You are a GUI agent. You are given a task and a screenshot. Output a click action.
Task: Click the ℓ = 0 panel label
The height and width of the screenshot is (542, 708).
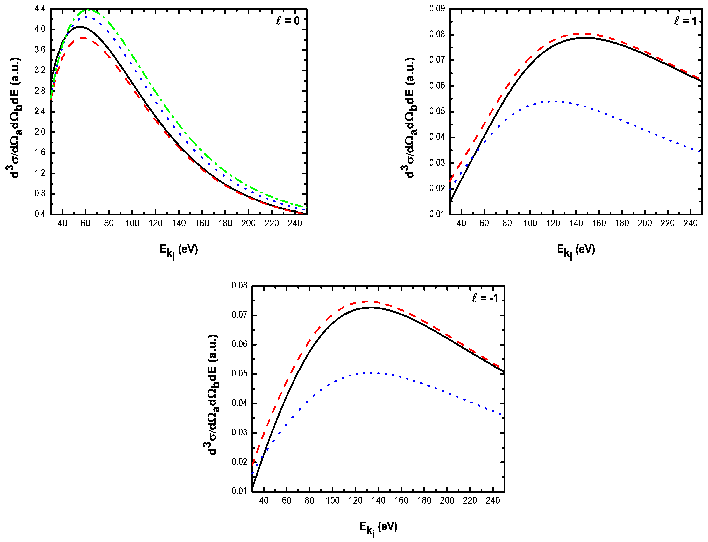coord(287,21)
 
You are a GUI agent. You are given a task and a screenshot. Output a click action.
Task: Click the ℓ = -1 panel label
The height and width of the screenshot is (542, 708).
coord(485,298)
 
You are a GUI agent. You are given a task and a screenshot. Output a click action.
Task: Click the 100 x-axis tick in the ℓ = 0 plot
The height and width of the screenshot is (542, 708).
coord(132,223)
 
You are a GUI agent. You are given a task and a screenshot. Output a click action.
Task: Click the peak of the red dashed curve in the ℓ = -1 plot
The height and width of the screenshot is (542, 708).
coord(367,302)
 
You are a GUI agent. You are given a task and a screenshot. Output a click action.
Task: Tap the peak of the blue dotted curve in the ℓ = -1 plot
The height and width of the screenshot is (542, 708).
coord(372,373)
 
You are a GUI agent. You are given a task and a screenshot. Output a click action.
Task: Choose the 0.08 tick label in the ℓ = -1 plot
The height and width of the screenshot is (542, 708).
coord(239,286)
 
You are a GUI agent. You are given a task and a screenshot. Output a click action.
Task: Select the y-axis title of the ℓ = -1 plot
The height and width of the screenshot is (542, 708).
coord(212,395)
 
